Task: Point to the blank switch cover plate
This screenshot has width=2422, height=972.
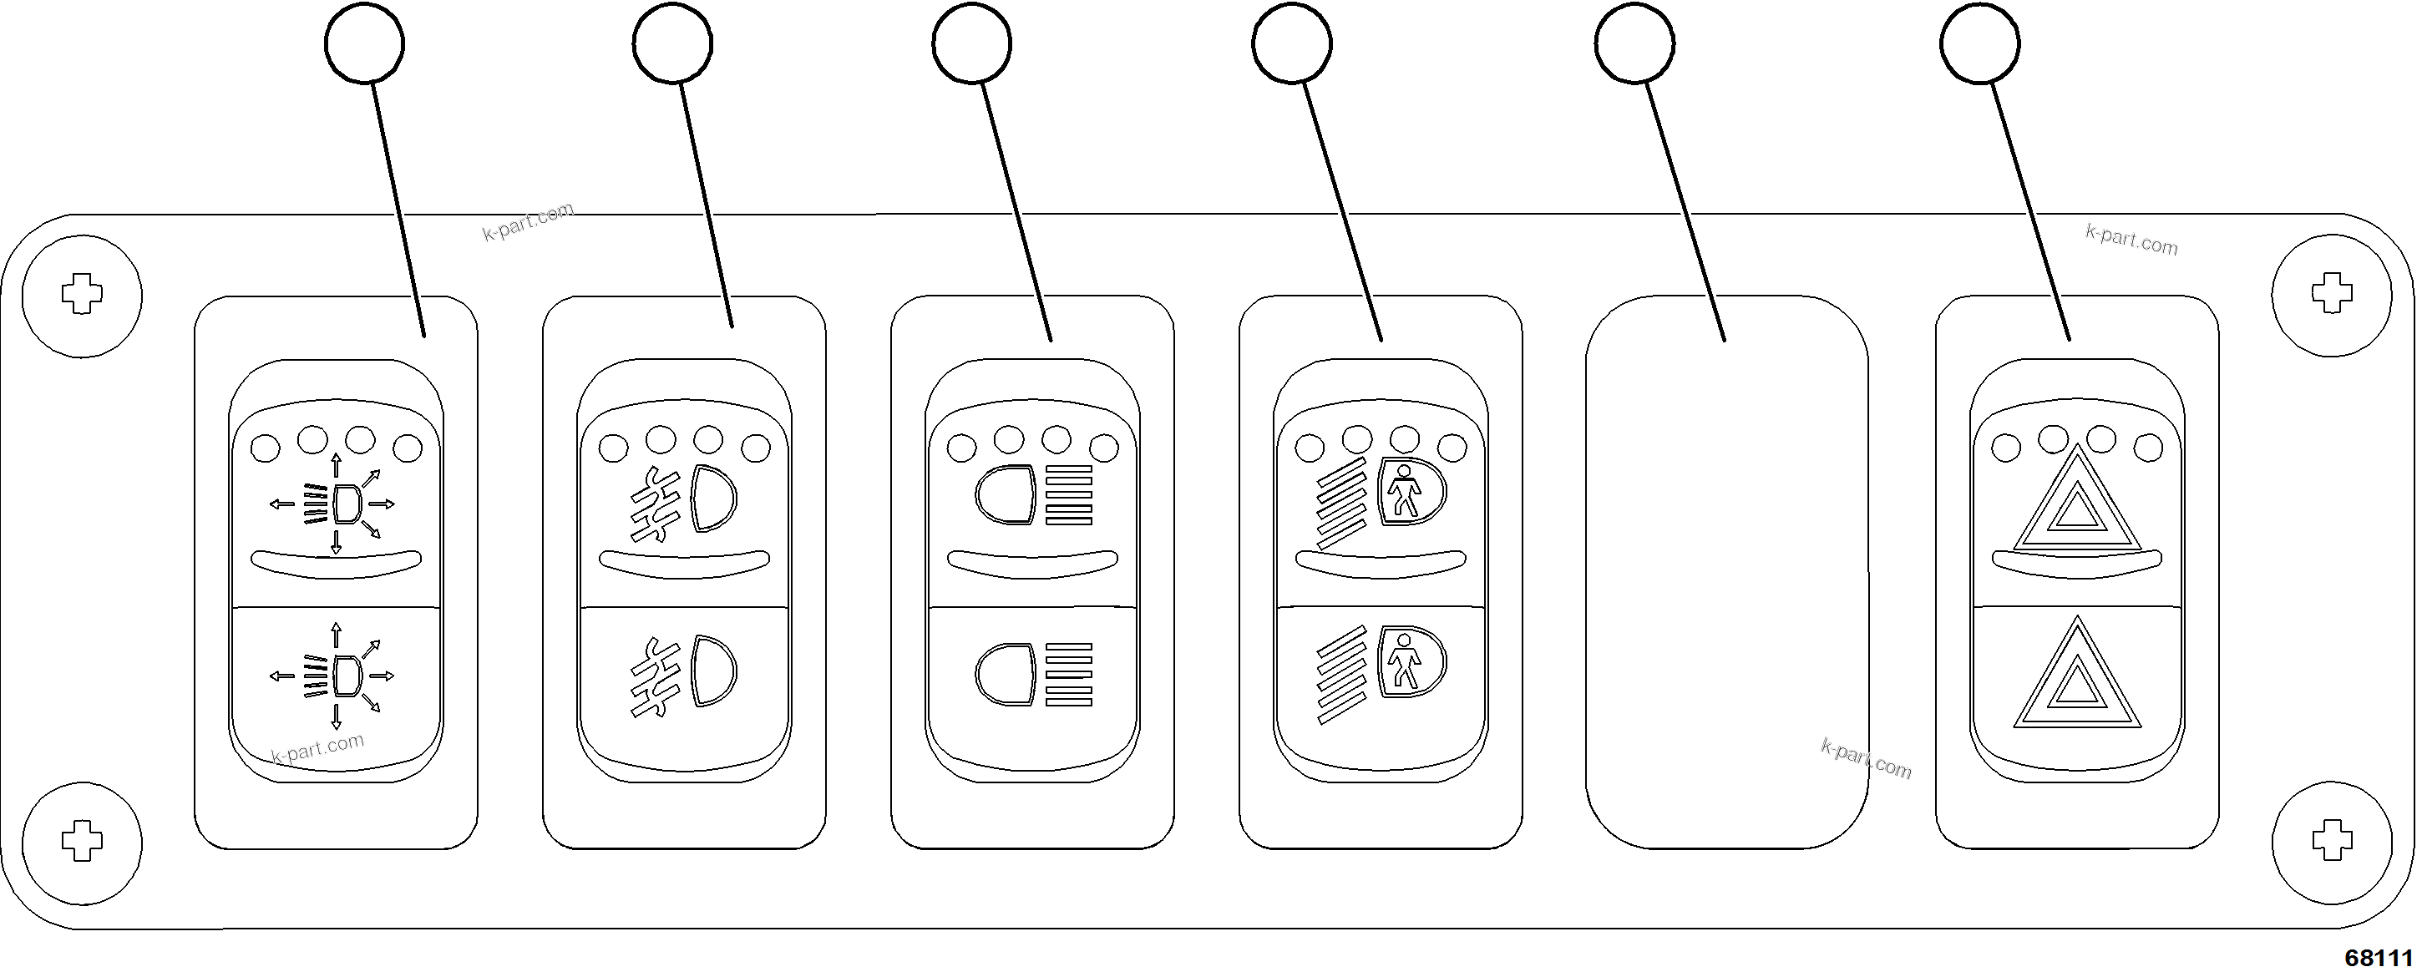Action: (x=1726, y=574)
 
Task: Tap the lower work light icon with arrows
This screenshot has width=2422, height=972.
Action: (x=335, y=675)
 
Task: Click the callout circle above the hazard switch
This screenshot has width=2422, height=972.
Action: (x=1979, y=43)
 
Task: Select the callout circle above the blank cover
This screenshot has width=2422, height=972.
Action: (x=1634, y=43)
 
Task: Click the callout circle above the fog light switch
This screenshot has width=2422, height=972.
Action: (x=672, y=43)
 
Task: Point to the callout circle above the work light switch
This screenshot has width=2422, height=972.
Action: (x=364, y=43)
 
